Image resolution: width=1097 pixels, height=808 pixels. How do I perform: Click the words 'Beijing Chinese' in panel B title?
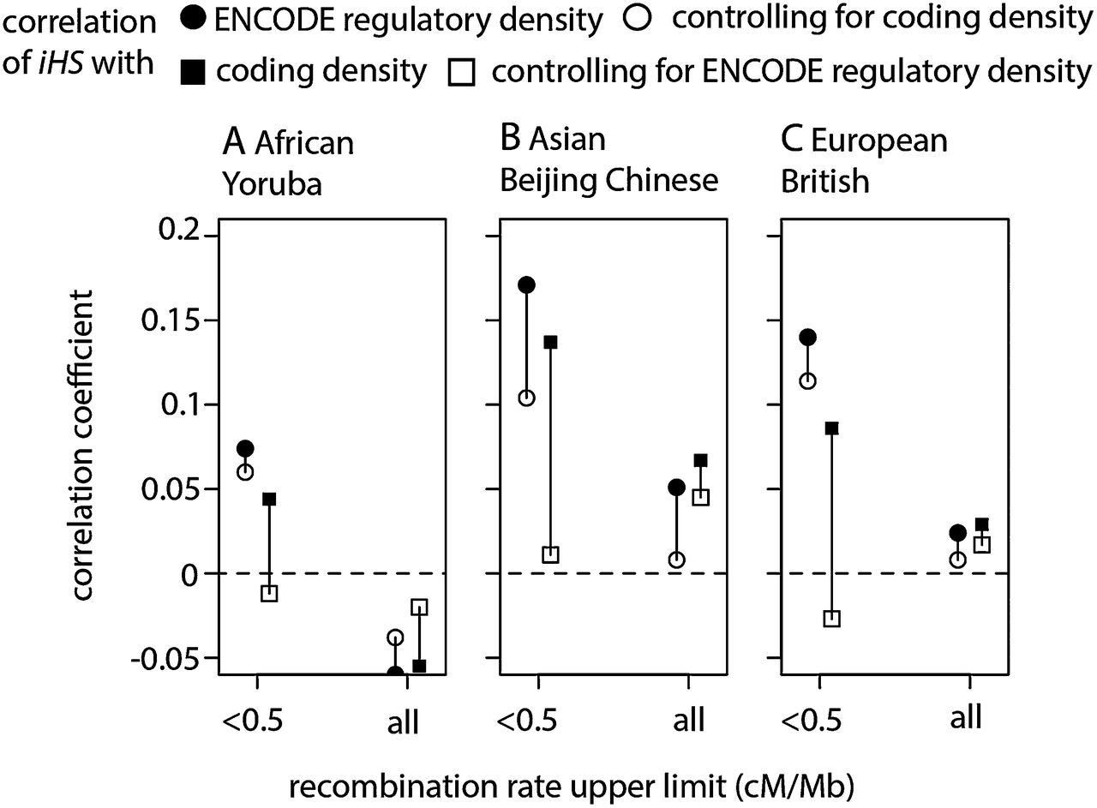tap(610, 181)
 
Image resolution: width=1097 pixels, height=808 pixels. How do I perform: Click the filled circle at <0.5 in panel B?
tap(526, 285)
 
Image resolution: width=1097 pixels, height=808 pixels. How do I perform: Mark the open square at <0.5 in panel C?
tap(831, 619)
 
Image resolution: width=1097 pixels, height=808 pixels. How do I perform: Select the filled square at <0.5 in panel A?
tap(269, 499)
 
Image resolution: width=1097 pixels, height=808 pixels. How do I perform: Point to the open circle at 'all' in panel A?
tap(395, 637)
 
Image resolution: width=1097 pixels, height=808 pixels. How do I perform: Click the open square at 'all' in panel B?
tap(700, 497)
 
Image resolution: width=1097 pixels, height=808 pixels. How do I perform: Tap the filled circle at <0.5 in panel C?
tap(807, 337)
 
